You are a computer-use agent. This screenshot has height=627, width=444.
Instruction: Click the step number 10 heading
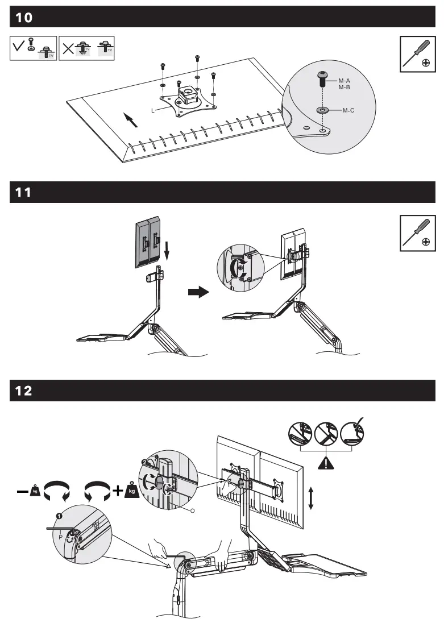click(24, 18)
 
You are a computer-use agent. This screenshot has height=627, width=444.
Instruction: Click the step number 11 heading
click(23, 193)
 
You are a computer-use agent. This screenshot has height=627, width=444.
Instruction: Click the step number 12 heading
click(24, 391)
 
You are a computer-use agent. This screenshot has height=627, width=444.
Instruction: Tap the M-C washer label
click(348, 110)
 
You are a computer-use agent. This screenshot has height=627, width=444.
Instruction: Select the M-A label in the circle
click(344, 81)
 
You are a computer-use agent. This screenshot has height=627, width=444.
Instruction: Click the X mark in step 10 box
click(68, 48)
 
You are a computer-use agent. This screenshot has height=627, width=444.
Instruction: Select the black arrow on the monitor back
click(130, 119)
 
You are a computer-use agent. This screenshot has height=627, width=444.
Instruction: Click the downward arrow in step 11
click(166, 248)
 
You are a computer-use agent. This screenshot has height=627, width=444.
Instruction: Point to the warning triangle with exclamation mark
click(325, 462)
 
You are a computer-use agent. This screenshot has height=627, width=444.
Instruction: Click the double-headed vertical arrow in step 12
click(310, 497)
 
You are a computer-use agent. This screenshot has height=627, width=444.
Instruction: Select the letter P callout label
click(60, 536)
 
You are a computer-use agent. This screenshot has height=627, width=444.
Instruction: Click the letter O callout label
click(192, 510)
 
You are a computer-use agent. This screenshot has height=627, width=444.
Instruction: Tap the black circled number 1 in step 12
click(59, 516)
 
